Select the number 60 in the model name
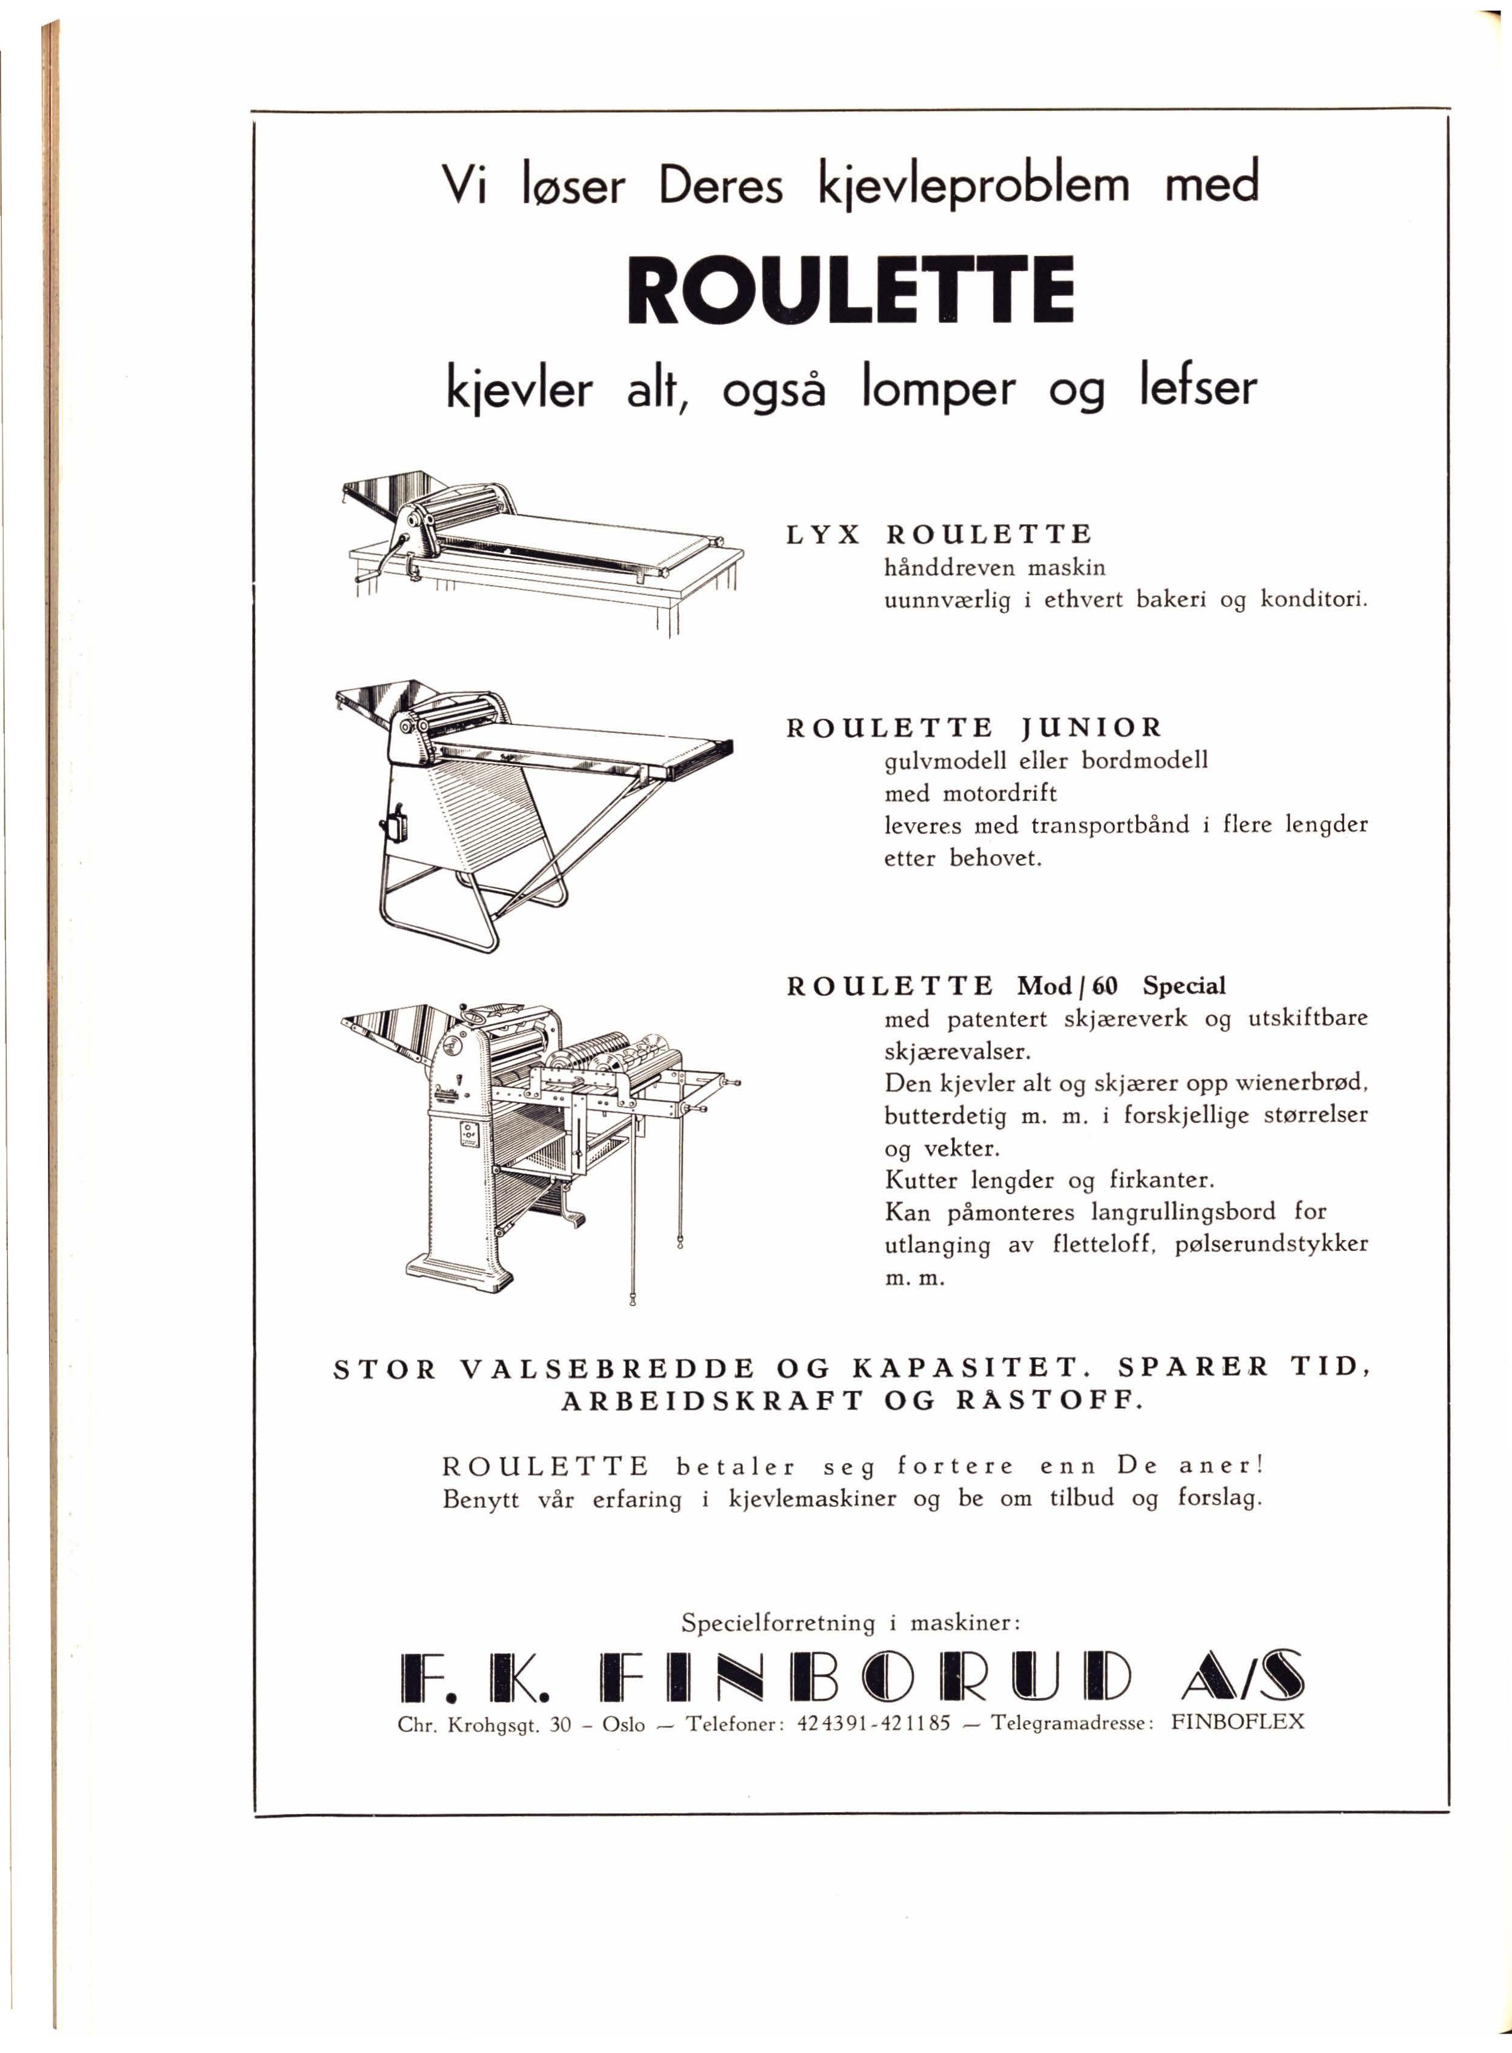(1105, 986)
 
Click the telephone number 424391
(827, 1723)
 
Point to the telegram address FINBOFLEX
(1237, 1721)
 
